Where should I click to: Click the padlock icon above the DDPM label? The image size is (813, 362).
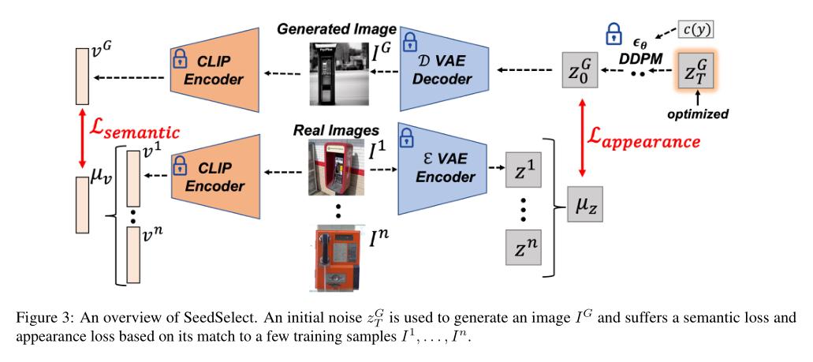613,34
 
